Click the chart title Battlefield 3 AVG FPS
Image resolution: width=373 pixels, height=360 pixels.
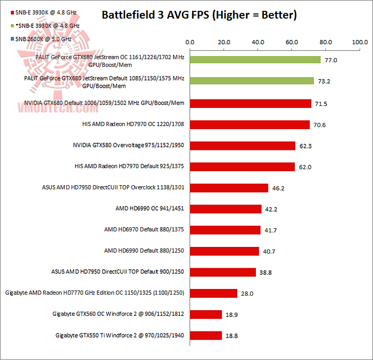click(199, 15)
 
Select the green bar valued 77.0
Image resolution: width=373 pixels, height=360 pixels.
click(255, 60)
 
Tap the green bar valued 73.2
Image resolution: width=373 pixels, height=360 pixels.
click(252, 81)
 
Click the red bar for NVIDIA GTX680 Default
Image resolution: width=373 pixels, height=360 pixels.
click(250, 104)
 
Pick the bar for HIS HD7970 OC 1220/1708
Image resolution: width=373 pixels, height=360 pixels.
click(250, 124)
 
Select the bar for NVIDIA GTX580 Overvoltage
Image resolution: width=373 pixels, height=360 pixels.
click(242, 146)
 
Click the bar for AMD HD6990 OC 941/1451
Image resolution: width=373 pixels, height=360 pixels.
click(225, 209)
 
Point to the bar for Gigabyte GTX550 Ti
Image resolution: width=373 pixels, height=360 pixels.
click(206, 335)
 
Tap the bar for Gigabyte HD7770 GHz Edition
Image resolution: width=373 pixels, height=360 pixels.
click(213, 293)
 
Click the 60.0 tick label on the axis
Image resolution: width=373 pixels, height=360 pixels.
click(292, 43)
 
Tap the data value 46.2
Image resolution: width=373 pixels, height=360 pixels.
click(279, 188)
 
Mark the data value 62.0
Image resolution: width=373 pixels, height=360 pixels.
click(306, 167)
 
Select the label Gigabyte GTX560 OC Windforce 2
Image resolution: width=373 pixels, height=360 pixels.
click(119, 314)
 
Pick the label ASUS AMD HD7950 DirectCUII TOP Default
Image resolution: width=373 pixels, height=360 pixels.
click(118, 272)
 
